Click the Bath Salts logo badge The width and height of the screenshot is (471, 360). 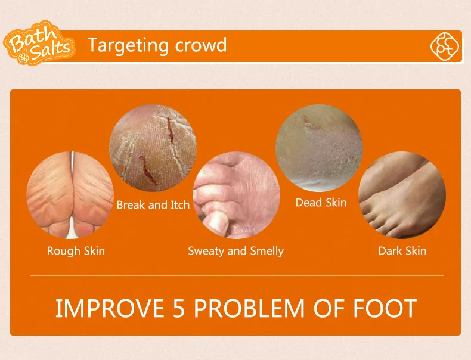coord(39,43)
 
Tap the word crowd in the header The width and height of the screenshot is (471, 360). coord(201,45)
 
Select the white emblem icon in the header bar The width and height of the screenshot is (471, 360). coord(445,46)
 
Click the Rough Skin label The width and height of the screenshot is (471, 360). coord(76,251)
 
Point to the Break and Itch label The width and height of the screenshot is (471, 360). coord(153,205)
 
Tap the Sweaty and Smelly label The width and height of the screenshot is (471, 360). coord(236,251)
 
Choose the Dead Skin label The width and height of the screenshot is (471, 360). coord(321,203)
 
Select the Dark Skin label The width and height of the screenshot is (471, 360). coord(402,251)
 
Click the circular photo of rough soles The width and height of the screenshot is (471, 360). coord(70,195)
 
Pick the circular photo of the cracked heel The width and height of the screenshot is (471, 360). coord(153,148)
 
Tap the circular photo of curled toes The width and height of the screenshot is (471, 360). coord(237,195)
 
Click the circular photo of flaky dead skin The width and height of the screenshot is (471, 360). coord(319,148)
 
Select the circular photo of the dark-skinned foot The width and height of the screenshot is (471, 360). coord(402,195)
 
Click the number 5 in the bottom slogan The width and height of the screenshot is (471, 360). coord(179,308)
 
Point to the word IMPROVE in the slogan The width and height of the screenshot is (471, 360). coord(110,308)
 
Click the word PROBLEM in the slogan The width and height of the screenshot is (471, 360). coord(249,308)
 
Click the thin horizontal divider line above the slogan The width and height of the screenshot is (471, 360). coord(237,275)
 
